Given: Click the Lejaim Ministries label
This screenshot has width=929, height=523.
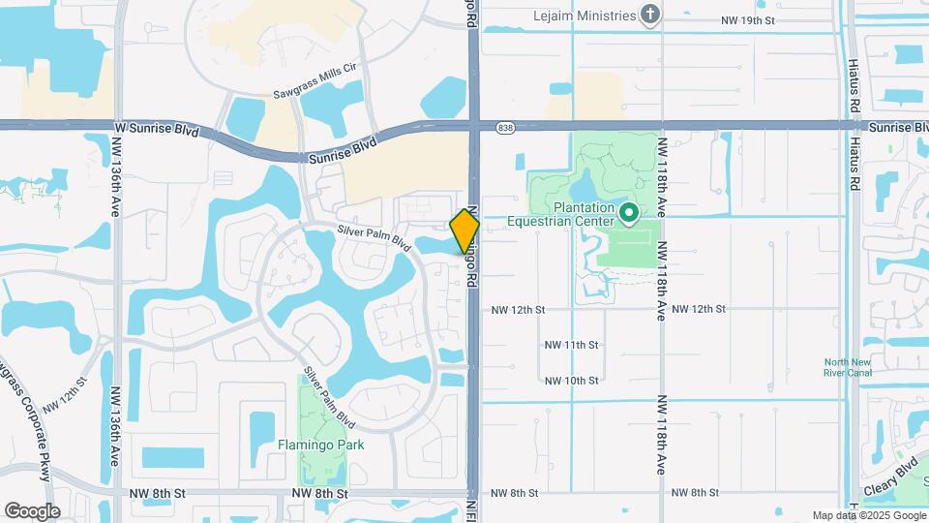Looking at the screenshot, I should click(584, 15).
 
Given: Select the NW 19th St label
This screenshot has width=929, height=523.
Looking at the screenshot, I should click(748, 19).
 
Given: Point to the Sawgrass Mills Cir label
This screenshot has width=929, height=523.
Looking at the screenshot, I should click(315, 67).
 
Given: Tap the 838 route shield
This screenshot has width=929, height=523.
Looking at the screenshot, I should click(505, 127).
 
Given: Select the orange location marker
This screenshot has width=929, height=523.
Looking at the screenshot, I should click(464, 231).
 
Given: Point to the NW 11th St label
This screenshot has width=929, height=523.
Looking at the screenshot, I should click(572, 345).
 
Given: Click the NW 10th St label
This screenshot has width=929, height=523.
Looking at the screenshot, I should click(572, 381).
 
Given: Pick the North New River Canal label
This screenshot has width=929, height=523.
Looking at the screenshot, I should click(847, 367).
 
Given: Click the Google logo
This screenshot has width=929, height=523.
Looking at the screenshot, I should click(32, 510).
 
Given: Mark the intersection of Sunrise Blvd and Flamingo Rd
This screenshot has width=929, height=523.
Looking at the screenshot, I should click(474, 124).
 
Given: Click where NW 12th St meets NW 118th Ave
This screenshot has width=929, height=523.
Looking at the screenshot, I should click(662, 309).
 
